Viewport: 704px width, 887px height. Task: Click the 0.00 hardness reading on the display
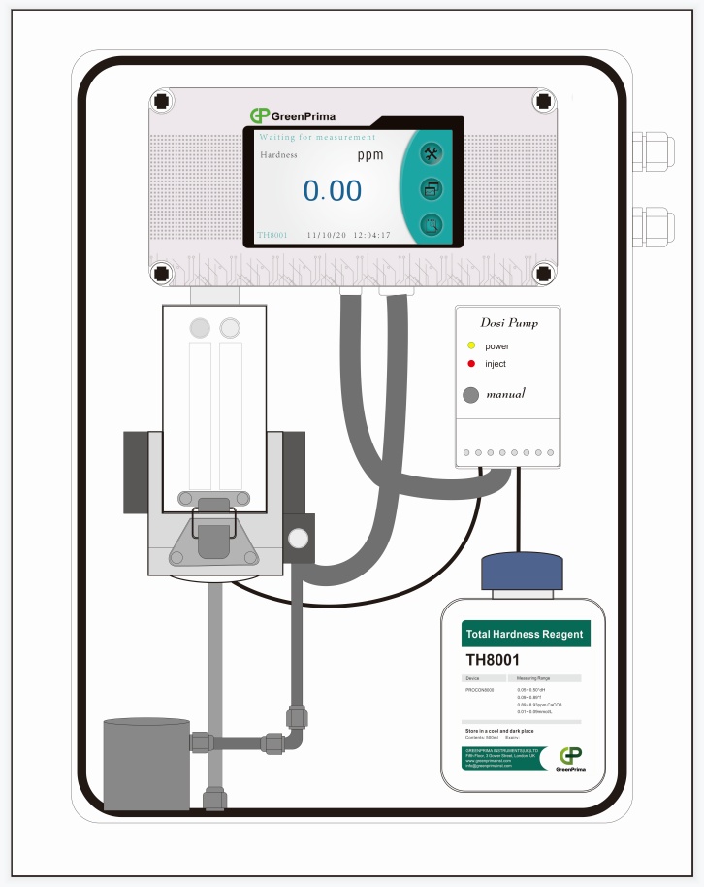click(333, 191)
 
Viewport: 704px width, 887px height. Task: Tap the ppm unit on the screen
click(369, 155)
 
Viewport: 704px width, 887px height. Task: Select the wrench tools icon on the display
click(432, 154)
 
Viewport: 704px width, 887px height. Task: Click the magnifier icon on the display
click(432, 226)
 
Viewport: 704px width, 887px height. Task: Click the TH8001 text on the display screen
click(272, 235)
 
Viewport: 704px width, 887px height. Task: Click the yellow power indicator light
click(471, 346)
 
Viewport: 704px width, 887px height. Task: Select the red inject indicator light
click(471, 364)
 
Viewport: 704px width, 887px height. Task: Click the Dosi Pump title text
click(509, 323)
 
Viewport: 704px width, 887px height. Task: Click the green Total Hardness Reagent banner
click(525, 635)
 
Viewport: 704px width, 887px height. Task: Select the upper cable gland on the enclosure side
click(652, 151)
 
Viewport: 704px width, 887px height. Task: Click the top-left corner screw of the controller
click(163, 101)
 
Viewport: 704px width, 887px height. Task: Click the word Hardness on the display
click(278, 155)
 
